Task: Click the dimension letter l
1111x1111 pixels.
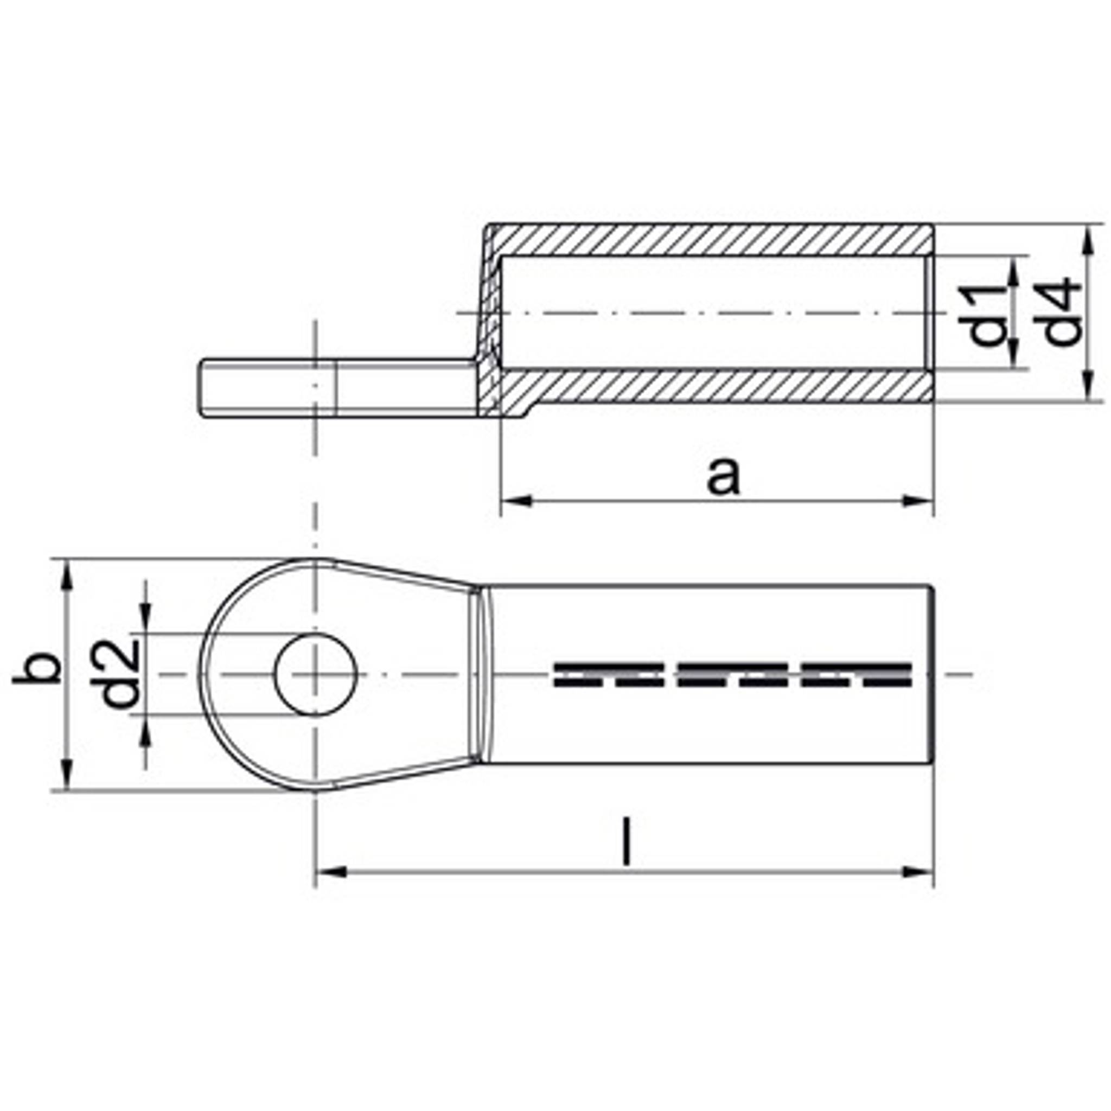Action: pos(627,844)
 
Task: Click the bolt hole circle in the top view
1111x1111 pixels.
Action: pos(316,674)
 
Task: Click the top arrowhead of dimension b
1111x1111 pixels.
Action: pos(67,576)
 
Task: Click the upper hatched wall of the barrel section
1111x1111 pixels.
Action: pos(713,240)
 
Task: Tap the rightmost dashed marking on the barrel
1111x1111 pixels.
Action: pos(856,675)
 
